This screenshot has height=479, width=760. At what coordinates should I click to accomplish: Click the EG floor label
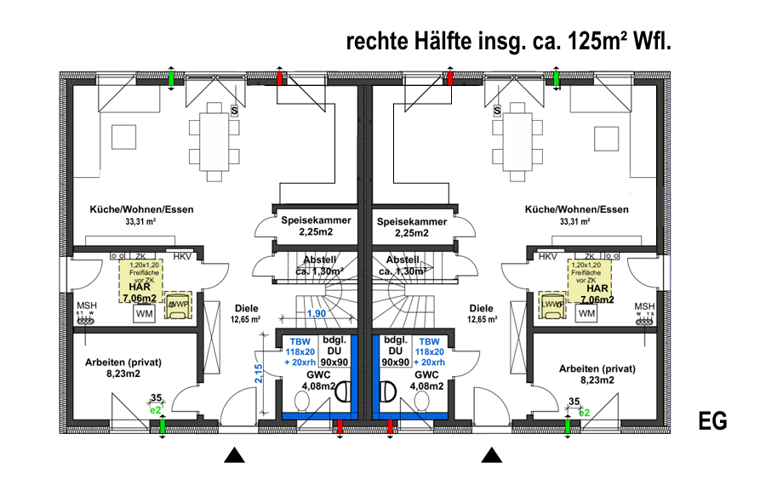click(712, 421)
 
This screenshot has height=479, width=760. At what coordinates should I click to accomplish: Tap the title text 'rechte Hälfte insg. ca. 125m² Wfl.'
click(508, 43)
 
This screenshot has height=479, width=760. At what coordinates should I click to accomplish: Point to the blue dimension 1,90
click(317, 315)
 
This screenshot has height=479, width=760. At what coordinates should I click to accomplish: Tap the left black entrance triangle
click(235, 456)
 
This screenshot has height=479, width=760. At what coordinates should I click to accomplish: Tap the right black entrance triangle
click(492, 456)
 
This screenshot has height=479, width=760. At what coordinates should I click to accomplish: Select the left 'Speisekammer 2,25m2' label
click(316, 226)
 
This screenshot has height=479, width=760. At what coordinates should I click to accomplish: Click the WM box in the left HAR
click(144, 314)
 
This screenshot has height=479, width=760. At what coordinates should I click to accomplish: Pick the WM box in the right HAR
click(586, 314)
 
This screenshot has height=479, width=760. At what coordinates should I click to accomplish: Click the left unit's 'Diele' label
click(245, 309)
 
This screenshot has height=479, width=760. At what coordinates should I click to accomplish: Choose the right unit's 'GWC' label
click(426, 374)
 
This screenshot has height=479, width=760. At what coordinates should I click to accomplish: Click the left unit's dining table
click(211, 135)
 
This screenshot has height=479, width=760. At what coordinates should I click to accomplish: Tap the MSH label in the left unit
click(87, 306)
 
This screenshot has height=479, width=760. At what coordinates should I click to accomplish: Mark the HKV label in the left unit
click(183, 256)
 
